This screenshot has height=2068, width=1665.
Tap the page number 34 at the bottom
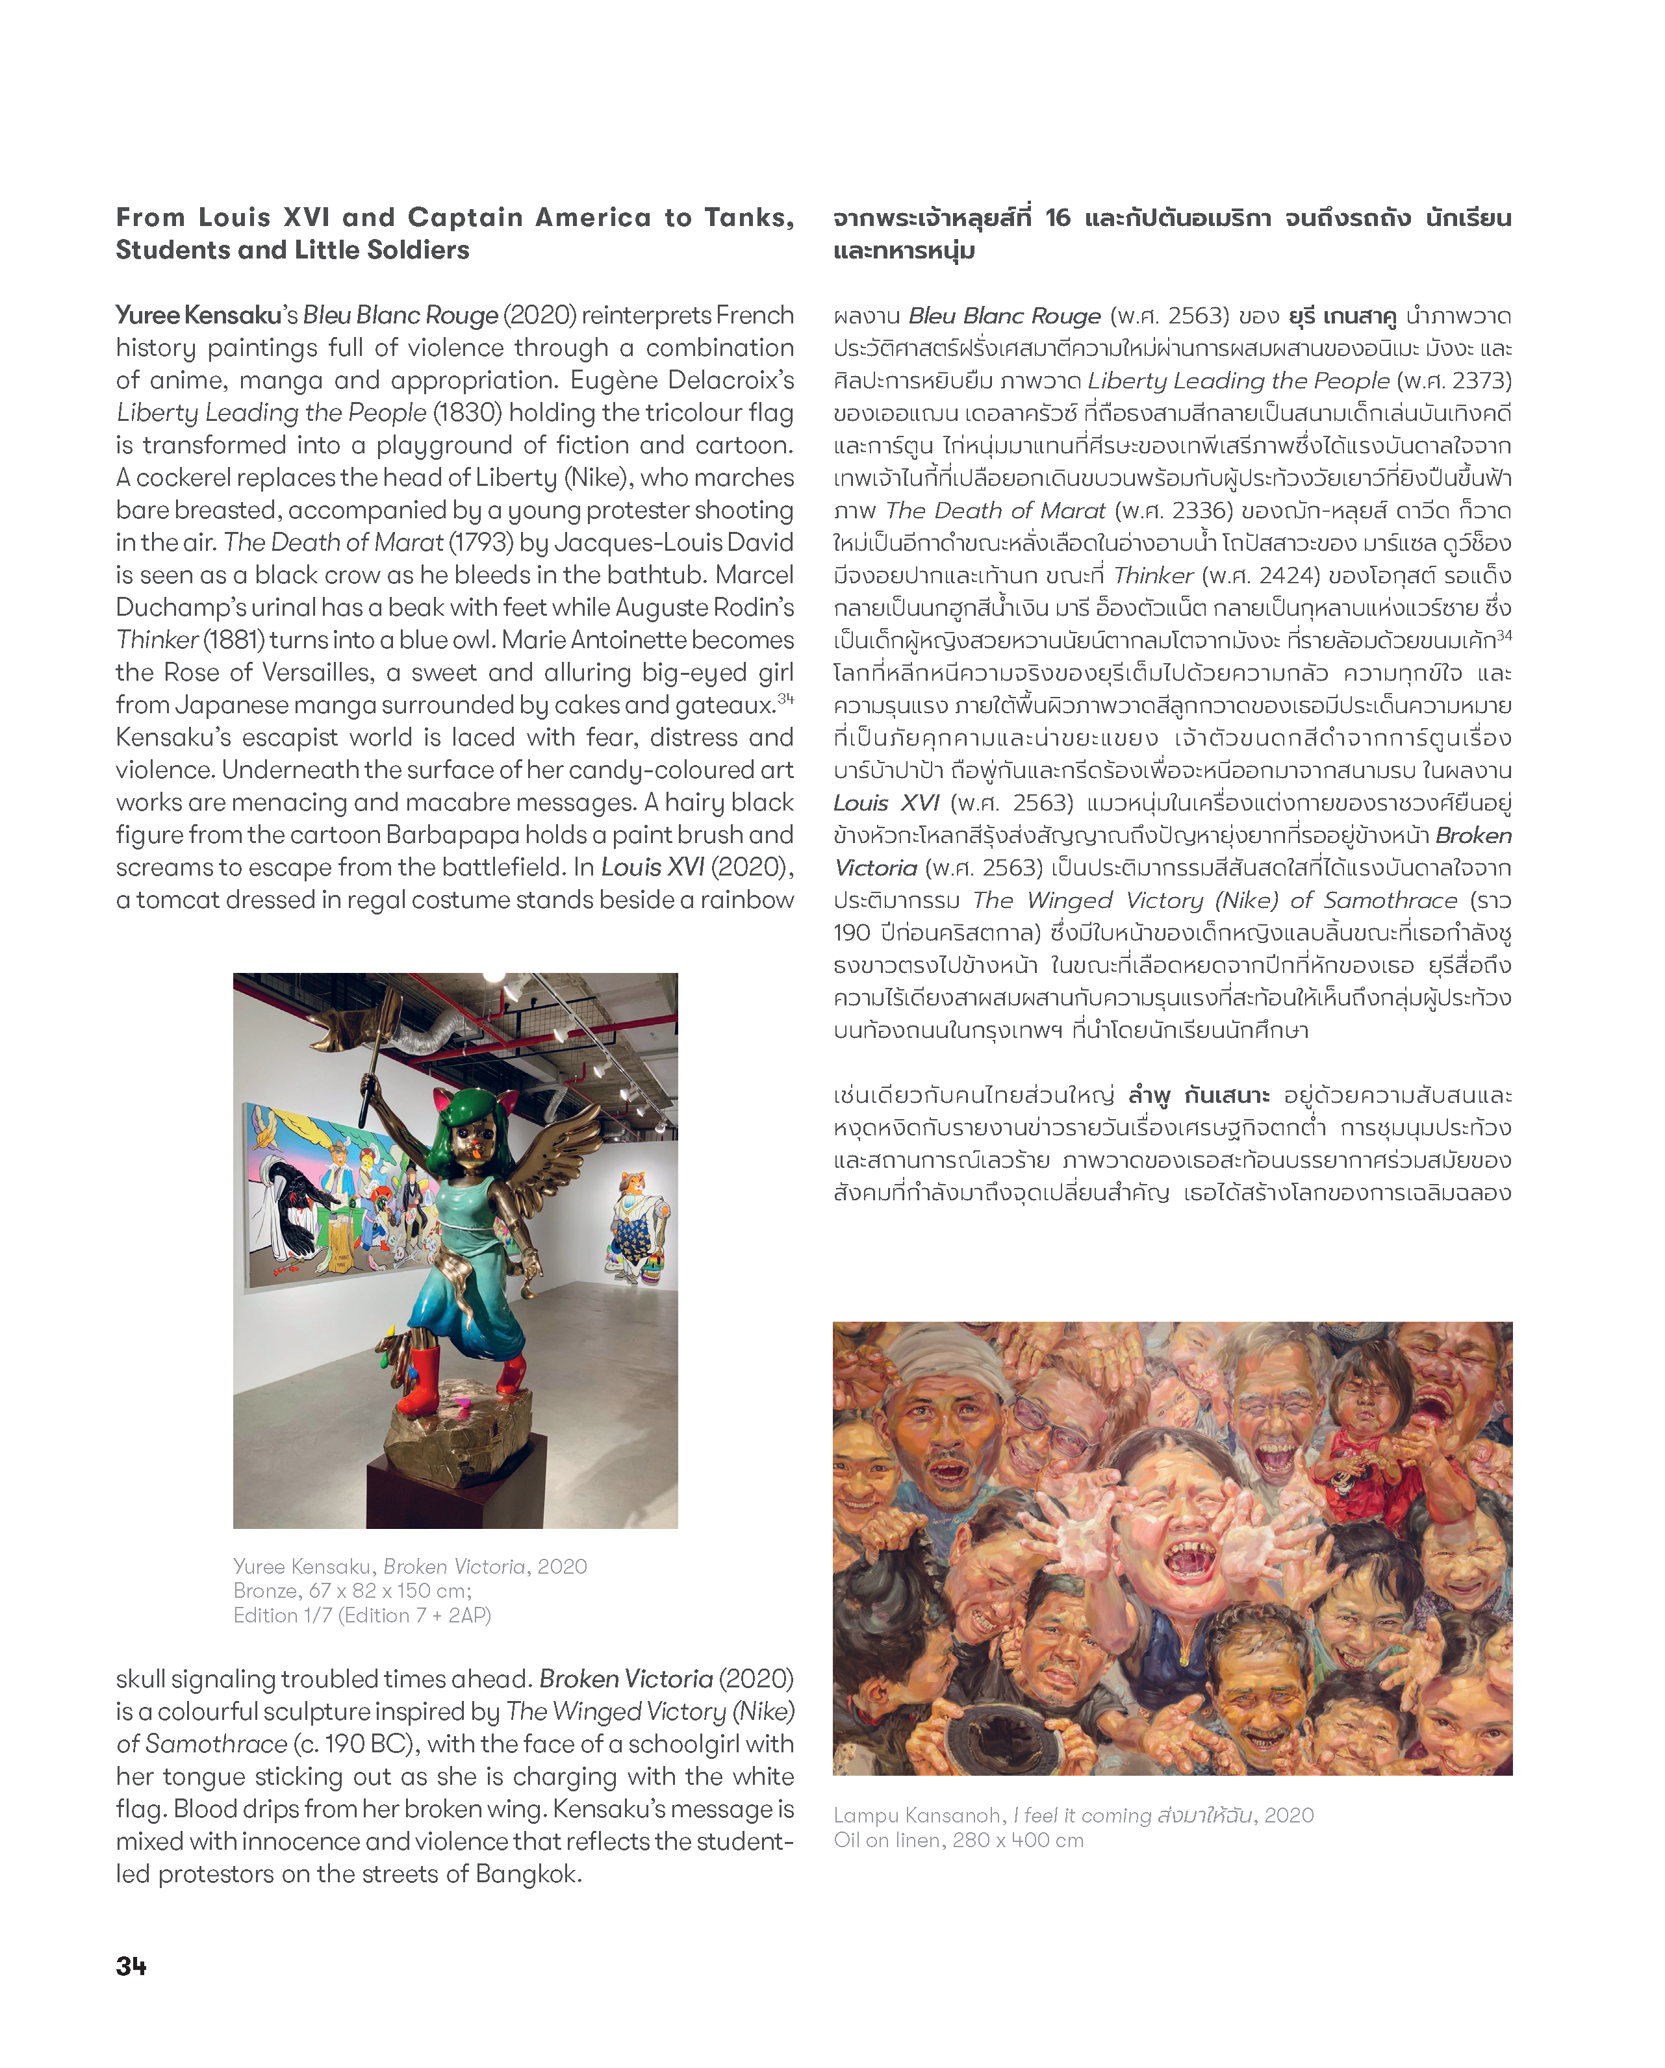click(x=131, y=1965)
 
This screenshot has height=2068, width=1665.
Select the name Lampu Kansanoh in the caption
click(x=917, y=1815)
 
